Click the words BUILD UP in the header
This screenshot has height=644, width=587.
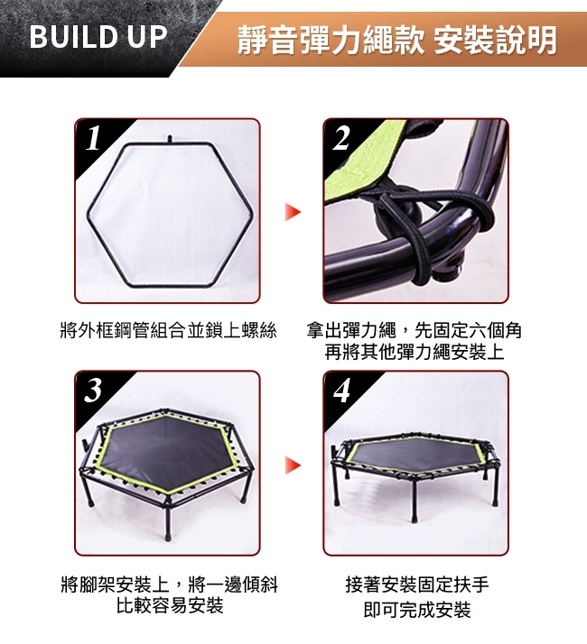coord(98,37)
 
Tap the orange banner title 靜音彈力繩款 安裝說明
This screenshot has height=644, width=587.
coord(396,40)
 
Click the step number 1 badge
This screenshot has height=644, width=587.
coord(93,138)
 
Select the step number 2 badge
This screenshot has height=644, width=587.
coord(341,138)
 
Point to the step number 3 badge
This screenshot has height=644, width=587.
coord(93,390)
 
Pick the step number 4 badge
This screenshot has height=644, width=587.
coord(341,390)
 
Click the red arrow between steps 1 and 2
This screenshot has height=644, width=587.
coord(293,212)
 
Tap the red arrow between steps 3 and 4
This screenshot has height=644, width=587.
coord(293,465)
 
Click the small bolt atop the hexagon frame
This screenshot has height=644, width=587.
coord(169,139)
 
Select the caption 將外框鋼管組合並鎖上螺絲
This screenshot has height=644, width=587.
coord(168,330)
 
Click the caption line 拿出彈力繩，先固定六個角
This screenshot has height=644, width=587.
coord(415,330)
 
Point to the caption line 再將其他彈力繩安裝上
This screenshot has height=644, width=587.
coord(415,352)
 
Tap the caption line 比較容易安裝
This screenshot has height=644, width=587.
coord(170,605)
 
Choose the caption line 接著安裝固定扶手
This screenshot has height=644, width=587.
coord(417,584)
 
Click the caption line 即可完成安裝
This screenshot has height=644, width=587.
coord(417,610)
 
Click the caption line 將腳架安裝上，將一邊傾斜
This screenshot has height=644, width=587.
coord(170,584)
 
